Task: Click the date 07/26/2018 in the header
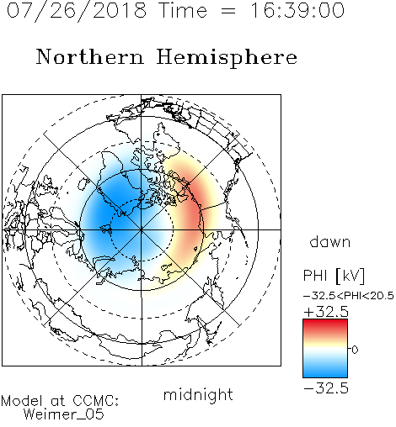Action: pos(77,11)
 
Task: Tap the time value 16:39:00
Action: pos(297,10)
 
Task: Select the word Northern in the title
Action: pos(89,56)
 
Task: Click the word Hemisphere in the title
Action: pos(227,58)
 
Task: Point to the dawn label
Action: pos(330,241)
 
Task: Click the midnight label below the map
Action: pos(198,394)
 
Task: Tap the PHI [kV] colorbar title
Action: pos(334,276)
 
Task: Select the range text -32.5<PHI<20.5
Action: pos(349,296)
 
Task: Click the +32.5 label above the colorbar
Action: pos(326,312)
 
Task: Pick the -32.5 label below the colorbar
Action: pos(326,388)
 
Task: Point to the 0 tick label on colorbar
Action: pos(355,350)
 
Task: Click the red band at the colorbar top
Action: pos(325,324)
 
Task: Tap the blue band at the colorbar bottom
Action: pos(325,372)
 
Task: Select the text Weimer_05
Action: pos(64,414)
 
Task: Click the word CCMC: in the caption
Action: pos(96,401)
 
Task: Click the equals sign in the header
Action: pos(228,11)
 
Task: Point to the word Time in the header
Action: pos(183,10)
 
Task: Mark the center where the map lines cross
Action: pos(142,229)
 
